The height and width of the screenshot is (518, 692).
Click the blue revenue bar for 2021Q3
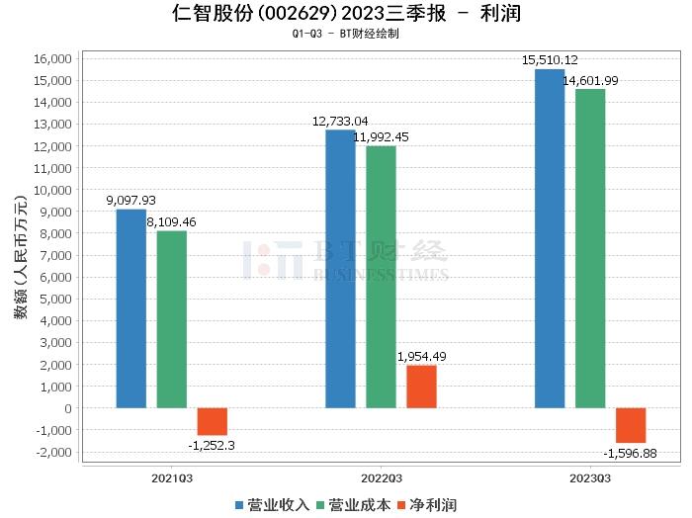click(130, 308)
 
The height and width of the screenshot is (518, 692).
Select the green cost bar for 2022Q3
click(381, 277)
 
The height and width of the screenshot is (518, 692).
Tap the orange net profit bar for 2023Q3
click(631, 425)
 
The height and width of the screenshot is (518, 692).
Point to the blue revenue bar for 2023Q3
click(550, 238)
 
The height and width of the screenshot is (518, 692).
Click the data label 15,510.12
click(550, 61)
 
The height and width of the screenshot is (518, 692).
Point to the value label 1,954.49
click(421, 356)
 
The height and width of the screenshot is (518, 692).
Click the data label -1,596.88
click(631, 454)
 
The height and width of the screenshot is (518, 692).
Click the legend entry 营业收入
click(272, 505)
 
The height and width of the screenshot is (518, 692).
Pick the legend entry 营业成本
click(352, 505)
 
